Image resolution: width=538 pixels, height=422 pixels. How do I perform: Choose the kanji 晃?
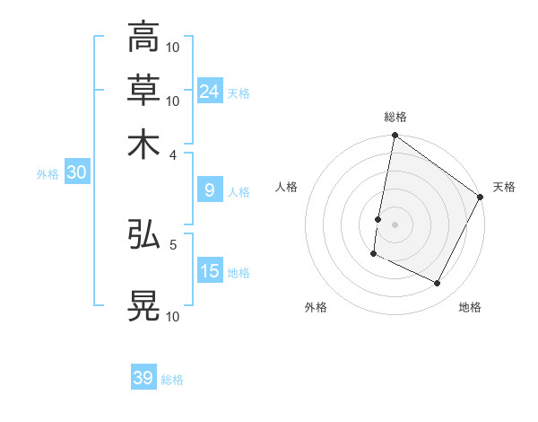(143, 305)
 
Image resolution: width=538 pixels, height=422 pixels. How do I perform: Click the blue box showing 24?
(210, 91)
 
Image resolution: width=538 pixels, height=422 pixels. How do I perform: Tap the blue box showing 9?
(209, 190)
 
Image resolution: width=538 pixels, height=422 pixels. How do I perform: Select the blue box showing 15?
(210, 271)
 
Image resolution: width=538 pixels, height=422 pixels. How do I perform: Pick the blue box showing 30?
(76, 173)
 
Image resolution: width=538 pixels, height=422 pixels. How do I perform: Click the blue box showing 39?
(143, 378)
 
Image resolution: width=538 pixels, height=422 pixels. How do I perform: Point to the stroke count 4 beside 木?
(174, 154)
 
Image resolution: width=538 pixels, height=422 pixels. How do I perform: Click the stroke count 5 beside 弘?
(173, 243)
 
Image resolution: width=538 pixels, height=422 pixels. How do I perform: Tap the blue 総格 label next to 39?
(172, 380)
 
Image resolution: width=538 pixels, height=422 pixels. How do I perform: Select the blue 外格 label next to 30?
(47, 174)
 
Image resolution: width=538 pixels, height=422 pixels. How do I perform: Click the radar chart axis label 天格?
(504, 187)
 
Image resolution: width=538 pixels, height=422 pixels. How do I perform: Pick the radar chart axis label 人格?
(287, 187)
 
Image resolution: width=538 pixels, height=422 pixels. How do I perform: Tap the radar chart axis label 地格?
(470, 308)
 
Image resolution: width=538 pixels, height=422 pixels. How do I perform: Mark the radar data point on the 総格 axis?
(395, 136)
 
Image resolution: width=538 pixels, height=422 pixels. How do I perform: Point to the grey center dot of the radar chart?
(395, 224)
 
